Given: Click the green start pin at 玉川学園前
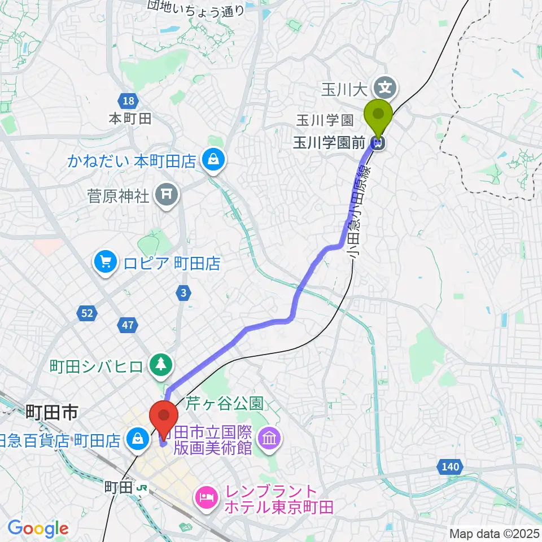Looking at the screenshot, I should click(x=379, y=117).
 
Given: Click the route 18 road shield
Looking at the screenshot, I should click(x=128, y=101).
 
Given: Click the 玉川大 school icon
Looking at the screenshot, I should click(x=386, y=88).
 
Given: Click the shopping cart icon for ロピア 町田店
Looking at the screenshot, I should click(x=104, y=261).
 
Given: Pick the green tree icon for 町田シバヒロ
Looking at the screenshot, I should click(x=161, y=365).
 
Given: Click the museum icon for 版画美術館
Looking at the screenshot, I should click(x=270, y=441).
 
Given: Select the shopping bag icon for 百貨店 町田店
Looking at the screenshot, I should click(x=136, y=438).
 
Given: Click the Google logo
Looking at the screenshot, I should click(x=38, y=529).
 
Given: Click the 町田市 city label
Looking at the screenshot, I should click(x=51, y=414).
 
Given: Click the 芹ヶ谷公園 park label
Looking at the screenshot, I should click(x=225, y=404).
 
